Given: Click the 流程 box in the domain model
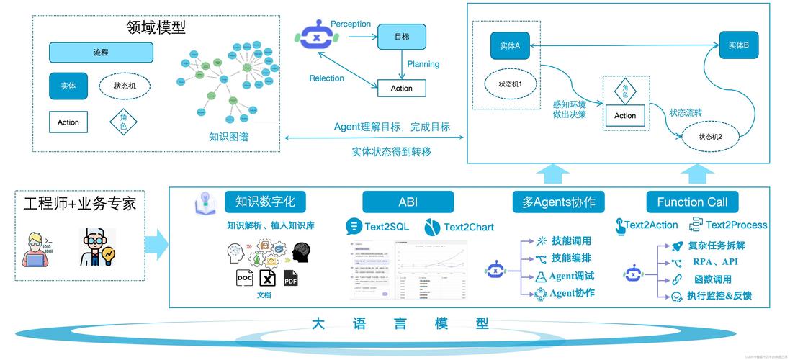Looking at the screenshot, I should (x=101, y=53).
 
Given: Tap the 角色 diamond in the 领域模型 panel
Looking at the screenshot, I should (x=123, y=122).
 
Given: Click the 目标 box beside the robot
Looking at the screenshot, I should (x=401, y=37).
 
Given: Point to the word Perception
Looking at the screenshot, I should (x=351, y=24).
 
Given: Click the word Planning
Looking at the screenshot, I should (x=423, y=64).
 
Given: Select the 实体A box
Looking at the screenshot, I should (x=510, y=45).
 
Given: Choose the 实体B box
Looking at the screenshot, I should (x=738, y=45).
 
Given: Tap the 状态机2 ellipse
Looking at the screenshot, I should (x=709, y=136).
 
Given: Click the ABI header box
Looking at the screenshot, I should (x=408, y=202).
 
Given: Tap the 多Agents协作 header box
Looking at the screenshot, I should (x=558, y=202).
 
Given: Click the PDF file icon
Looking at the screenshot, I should (x=290, y=278).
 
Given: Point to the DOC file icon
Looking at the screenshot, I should (x=244, y=278).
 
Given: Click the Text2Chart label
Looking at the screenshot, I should (x=469, y=227).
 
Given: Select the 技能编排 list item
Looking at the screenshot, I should (x=571, y=258).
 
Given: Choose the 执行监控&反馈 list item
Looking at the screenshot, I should (x=719, y=296).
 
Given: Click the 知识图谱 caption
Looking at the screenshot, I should (x=229, y=136).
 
